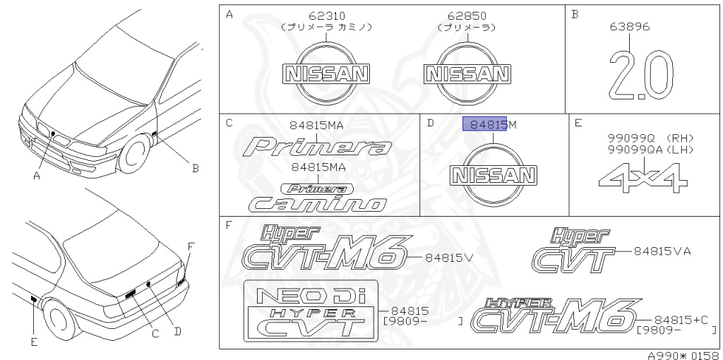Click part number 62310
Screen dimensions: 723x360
325,16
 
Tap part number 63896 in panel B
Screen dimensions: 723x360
630,27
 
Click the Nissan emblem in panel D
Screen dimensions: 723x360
494,176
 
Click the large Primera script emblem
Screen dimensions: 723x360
318,147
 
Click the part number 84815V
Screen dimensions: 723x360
449,258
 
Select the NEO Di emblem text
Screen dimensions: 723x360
311,296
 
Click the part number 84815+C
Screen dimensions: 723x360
681,320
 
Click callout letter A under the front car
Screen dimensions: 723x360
35,176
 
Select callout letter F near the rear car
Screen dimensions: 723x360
190,246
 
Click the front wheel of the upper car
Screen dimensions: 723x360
133,156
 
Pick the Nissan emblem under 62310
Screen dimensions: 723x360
325,73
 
